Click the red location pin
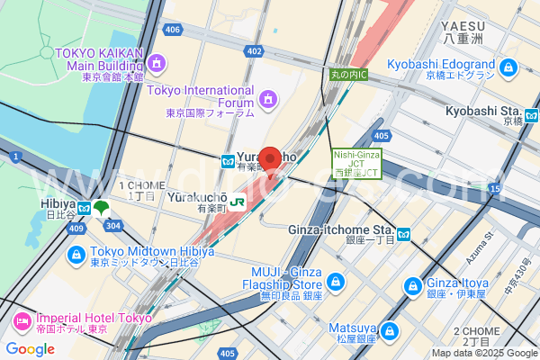(270, 159)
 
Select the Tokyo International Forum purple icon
(267, 97)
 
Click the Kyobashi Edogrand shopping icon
(508, 67)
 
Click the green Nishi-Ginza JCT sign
(357, 163)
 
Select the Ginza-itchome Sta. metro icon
(405, 235)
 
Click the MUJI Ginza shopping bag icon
(335, 282)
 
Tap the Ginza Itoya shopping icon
(413, 286)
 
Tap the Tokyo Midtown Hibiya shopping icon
(76, 252)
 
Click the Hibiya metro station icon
(84, 209)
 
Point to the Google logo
(31, 348)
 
